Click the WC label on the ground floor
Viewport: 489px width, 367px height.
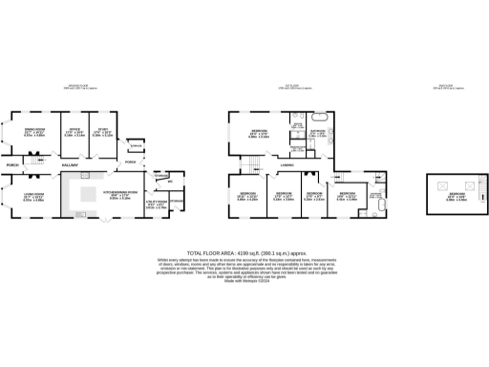click(x=169, y=182)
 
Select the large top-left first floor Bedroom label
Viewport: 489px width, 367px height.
click(x=259, y=132)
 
